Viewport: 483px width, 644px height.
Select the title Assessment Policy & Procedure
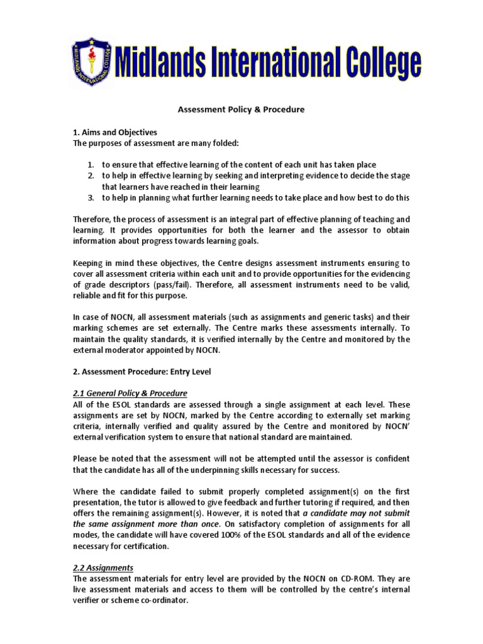tap(241, 109)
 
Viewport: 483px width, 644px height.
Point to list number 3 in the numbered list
tap(91, 197)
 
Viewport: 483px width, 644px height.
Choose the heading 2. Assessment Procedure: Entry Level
tap(141, 372)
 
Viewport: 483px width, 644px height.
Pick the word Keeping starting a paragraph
tap(89, 263)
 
